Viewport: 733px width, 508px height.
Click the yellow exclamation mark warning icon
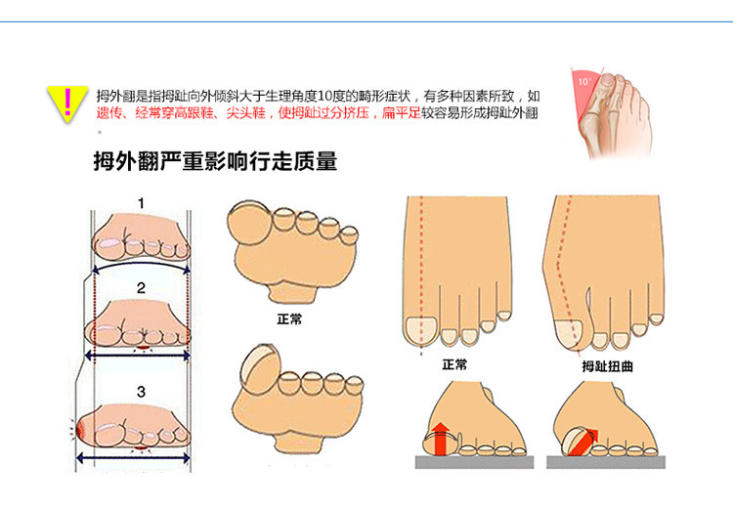click(x=65, y=101)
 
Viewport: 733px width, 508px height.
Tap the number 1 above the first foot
click(x=141, y=204)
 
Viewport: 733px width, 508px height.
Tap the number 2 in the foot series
click(x=141, y=288)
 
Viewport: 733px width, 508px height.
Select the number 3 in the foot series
click(x=141, y=392)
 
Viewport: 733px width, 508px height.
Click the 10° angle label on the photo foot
click(x=584, y=82)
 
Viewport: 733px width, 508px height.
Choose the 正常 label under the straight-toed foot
click(x=454, y=364)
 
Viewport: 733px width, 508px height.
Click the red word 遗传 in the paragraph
click(x=108, y=113)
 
